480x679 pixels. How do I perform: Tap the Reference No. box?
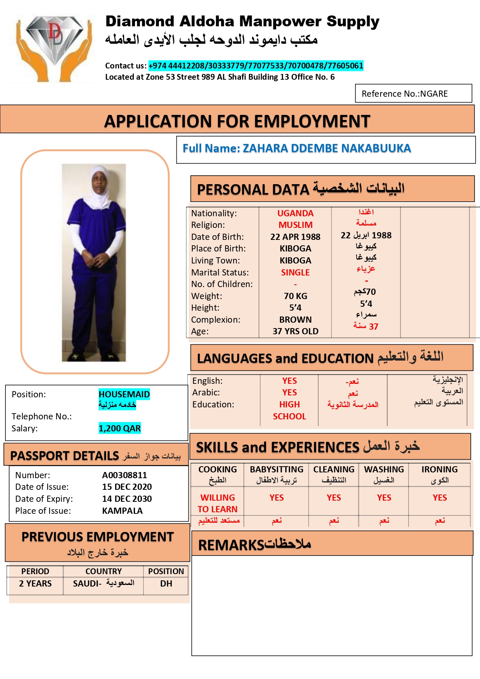click(x=413, y=94)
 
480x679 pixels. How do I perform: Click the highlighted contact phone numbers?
click(x=256, y=66)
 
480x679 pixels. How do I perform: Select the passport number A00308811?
click(x=125, y=475)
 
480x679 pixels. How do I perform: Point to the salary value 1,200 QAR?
click(x=120, y=428)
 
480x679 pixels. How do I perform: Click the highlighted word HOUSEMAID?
click(x=124, y=394)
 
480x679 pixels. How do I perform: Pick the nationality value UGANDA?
click(x=295, y=213)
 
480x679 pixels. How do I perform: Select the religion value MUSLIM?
click(x=295, y=225)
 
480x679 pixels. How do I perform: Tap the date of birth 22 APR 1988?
click(x=295, y=237)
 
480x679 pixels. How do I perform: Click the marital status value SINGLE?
click(x=295, y=272)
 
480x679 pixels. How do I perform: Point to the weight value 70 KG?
click(x=295, y=296)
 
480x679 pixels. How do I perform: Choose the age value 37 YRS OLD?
click(x=295, y=331)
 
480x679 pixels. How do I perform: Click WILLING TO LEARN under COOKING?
click(x=217, y=503)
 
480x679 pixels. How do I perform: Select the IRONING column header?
click(x=439, y=470)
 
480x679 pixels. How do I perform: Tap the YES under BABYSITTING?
click(x=277, y=498)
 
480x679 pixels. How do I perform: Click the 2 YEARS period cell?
click(x=35, y=583)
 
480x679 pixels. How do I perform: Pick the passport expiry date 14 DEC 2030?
click(x=127, y=499)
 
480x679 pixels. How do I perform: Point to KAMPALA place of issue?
click(x=122, y=511)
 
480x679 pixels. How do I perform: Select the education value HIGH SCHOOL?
click(x=289, y=410)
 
